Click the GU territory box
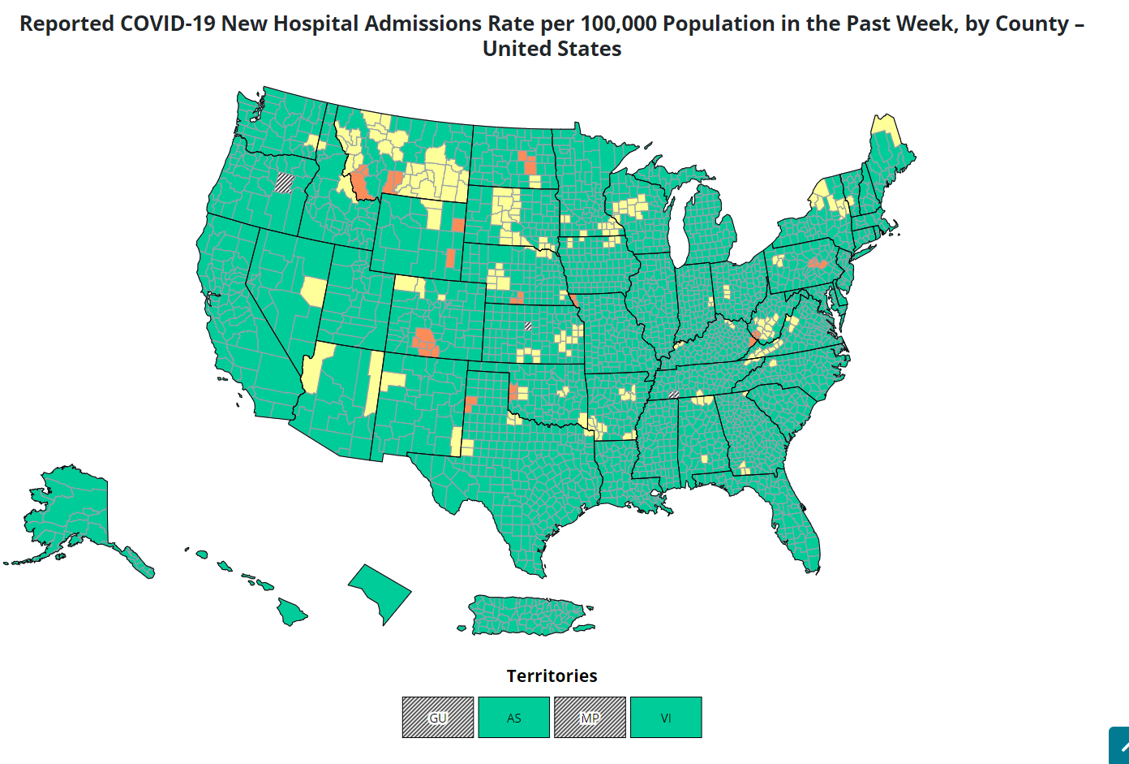(438, 718)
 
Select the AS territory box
(513, 718)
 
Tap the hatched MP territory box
(590, 718)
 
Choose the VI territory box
(666, 718)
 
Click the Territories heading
(552, 676)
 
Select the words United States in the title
(552, 49)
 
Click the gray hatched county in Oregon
(284, 183)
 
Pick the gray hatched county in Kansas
(527, 326)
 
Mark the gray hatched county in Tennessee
(673, 395)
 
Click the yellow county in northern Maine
(885, 127)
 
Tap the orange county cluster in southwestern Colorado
(424, 341)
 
